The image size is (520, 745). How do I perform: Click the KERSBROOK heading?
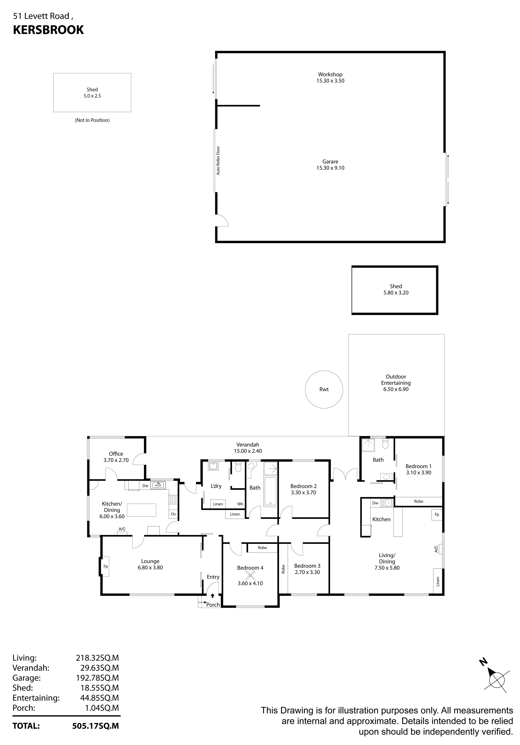coord(48,30)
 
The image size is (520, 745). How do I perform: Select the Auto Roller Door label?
coord(218,161)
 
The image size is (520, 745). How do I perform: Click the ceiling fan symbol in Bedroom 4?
coord(250,576)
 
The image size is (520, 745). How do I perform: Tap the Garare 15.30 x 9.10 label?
coord(330,165)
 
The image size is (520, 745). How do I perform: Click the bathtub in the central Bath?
coord(270,491)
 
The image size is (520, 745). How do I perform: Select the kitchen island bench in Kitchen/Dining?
coord(141,510)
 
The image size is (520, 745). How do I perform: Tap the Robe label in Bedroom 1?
coord(418,501)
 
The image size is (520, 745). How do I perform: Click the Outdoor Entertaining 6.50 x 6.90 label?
coord(396,383)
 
